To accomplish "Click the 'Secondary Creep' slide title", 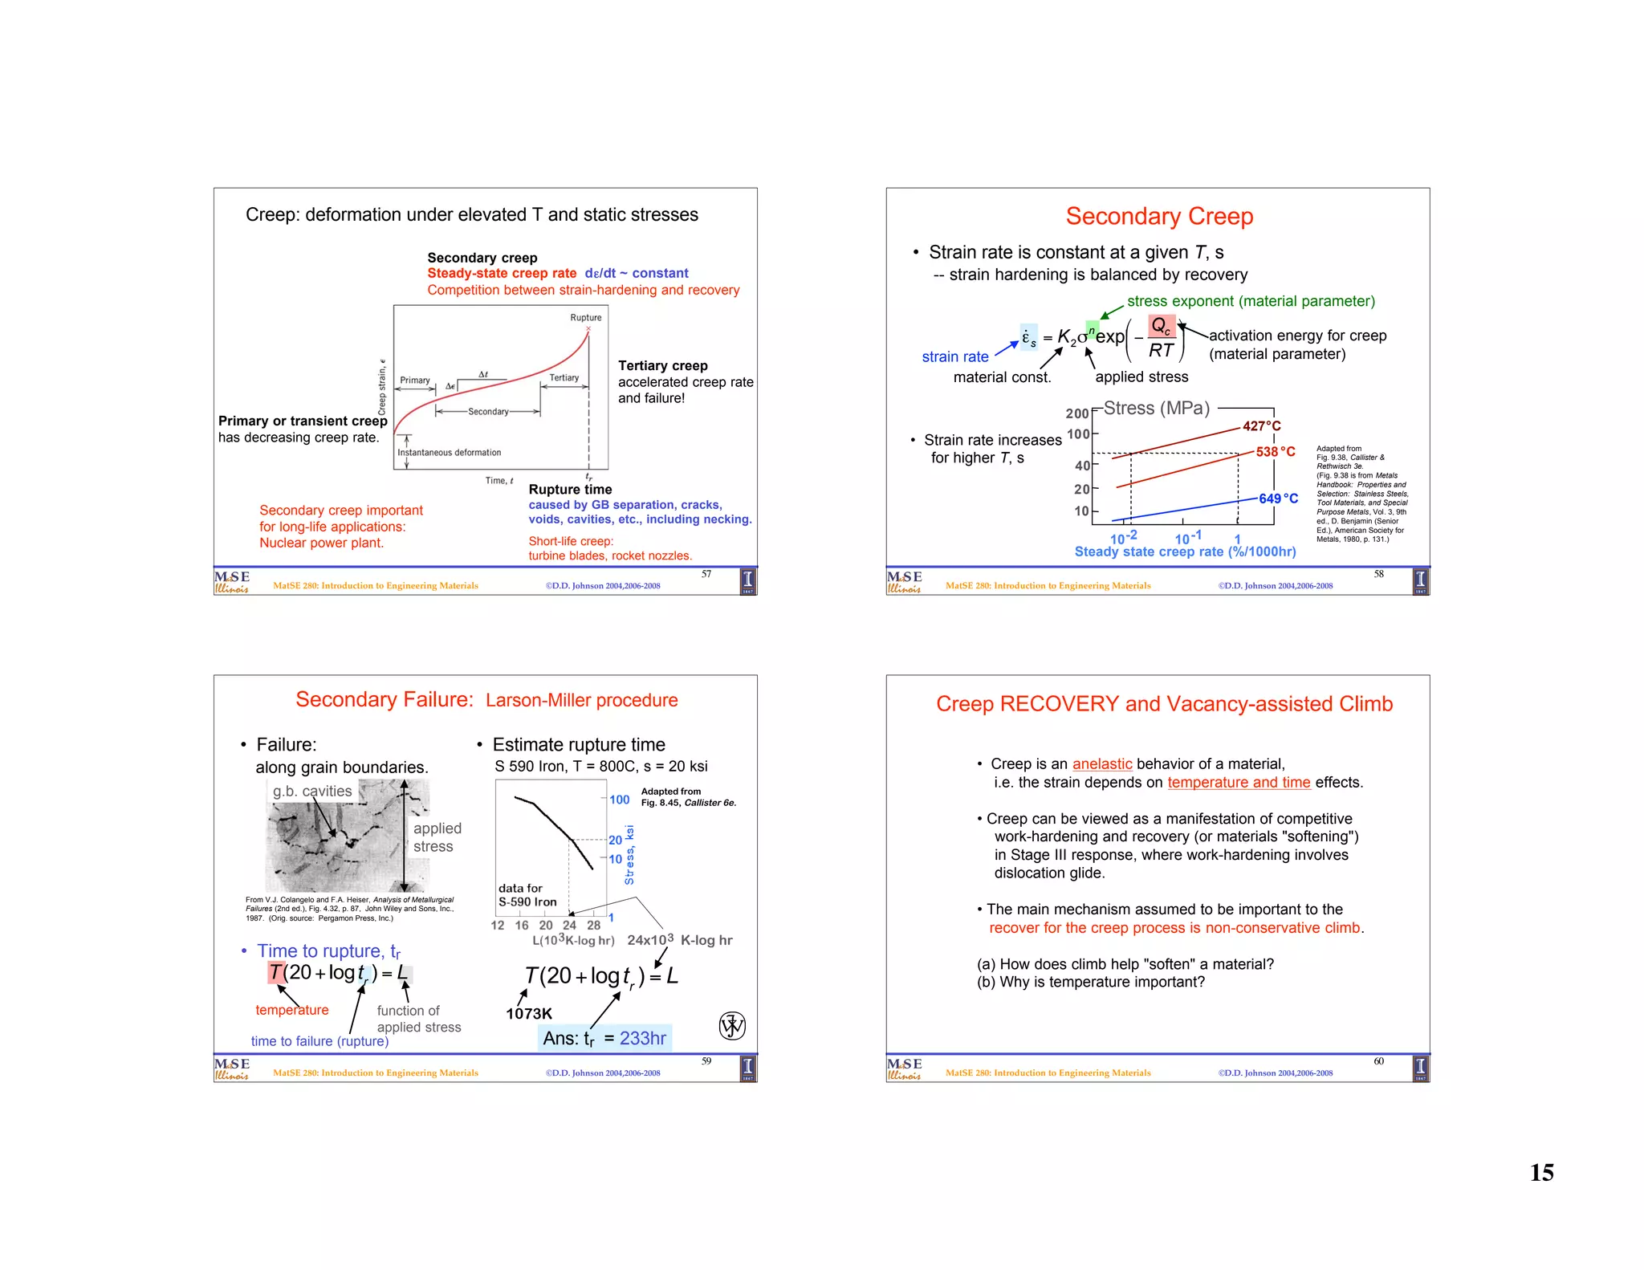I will (x=1159, y=216).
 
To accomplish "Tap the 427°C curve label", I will (x=1261, y=426).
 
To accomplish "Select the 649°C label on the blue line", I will (x=1277, y=499).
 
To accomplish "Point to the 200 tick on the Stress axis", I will (x=1076, y=413).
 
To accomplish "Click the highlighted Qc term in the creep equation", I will (x=1161, y=326).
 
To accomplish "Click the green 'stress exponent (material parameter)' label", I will (x=1251, y=301).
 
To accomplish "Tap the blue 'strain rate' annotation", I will (x=954, y=356).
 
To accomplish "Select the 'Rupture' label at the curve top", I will (x=585, y=318).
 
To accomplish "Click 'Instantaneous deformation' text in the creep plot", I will (x=449, y=453).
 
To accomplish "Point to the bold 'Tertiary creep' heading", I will (x=662, y=365).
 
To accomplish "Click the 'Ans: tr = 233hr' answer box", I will (x=604, y=1038).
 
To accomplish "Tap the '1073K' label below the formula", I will (x=528, y=1014).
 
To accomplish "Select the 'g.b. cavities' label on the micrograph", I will (x=312, y=791).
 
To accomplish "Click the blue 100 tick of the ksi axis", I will (x=619, y=800).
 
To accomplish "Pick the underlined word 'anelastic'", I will (x=1101, y=763).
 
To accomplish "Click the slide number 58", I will (x=1378, y=574).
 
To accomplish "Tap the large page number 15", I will (x=1541, y=1172).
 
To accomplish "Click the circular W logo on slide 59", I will (x=731, y=1025).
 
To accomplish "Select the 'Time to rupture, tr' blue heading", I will (x=328, y=951).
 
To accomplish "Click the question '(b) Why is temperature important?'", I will (x=1090, y=982).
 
